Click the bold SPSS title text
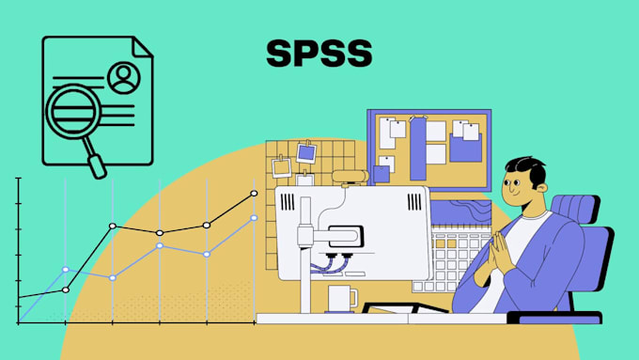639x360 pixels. point(318,53)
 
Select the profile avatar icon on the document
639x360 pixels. point(121,78)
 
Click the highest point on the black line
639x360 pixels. point(254,194)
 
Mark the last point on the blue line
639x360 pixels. point(254,218)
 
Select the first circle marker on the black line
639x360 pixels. point(66,290)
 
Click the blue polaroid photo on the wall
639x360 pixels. point(306,151)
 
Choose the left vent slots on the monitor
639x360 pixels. point(304,207)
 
